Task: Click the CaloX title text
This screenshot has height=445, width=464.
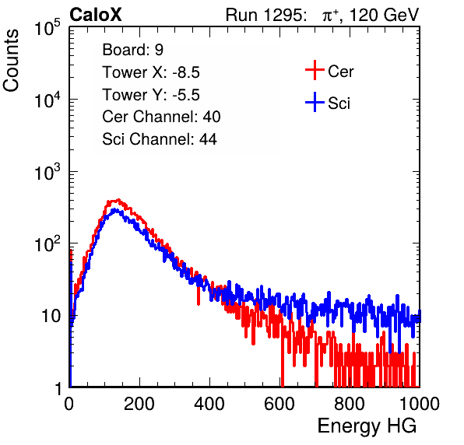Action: click(x=96, y=15)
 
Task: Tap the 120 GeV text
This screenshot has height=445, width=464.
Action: click(x=384, y=15)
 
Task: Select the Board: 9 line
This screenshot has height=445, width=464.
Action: click(x=132, y=50)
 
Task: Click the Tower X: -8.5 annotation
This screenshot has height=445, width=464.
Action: click(x=151, y=72)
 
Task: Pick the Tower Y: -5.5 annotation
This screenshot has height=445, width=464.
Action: click(x=151, y=95)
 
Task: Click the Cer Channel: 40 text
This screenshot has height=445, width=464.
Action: click(x=161, y=117)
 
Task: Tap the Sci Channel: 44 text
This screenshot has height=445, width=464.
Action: click(x=160, y=139)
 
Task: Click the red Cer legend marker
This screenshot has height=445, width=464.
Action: click(x=315, y=70)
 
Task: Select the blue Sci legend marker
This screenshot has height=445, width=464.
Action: click(x=315, y=103)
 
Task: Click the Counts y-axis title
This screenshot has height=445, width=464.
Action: click(x=11, y=61)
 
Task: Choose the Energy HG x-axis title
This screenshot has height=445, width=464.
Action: click(x=367, y=426)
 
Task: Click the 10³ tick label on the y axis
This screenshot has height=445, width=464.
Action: click(x=47, y=172)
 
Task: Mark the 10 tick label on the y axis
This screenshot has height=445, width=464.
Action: click(x=51, y=316)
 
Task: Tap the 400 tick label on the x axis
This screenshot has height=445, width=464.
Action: click(x=209, y=404)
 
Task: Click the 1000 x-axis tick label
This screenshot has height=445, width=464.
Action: click(x=420, y=404)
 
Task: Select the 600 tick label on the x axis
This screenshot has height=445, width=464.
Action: click(x=279, y=404)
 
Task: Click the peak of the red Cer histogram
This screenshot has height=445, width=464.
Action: click(x=118, y=200)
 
